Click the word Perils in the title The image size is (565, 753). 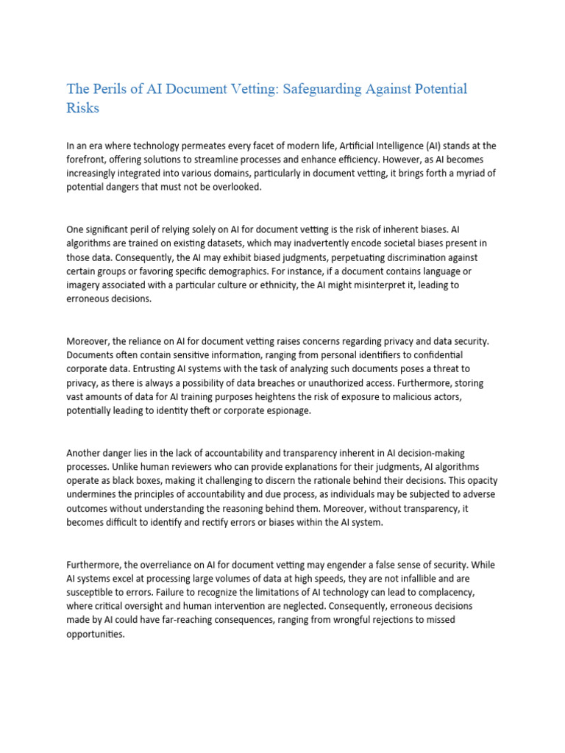(x=112, y=89)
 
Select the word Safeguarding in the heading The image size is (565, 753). (x=301, y=89)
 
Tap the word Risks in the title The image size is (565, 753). (x=83, y=108)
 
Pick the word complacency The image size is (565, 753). (x=456, y=592)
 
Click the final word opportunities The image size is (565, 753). (x=96, y=634)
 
